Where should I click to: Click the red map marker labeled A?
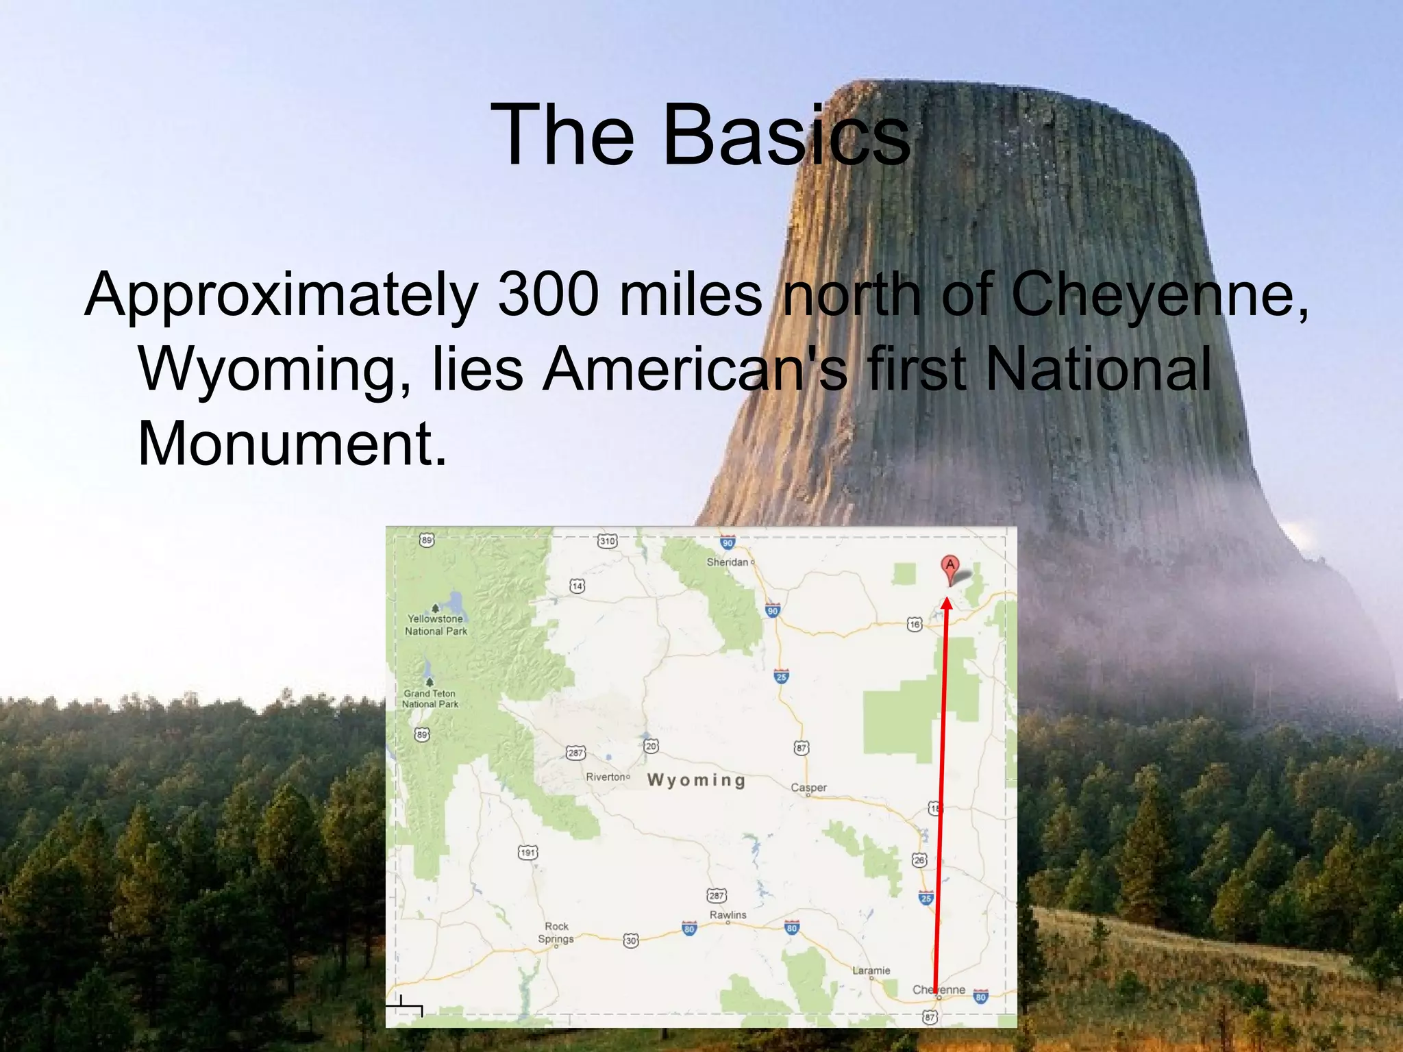pyautogui.click(x=949, y=568)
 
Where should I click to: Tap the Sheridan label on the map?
pyautogui.click(x=728, y=562)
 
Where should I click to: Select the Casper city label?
pyautogui.click(x=808, y=788)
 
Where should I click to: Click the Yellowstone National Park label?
pyautogui.click(x=436, y=625)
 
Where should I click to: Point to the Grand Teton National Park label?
pyautogui.click(x=430, y=699)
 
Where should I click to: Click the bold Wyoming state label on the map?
pyautogui.click(x=696, y=780)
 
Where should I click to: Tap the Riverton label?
pyautogui.click(x=606, y=777)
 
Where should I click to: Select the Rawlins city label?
pyautogui.click(x=728, y=915)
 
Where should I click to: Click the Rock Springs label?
pyautogui.click(x=556, y=932)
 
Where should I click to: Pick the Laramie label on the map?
pyautogui.click(x=871, y=970)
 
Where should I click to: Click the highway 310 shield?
pyautogui.click(x=607, y=541)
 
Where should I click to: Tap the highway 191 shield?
pyautogui.click(x=527, y=853)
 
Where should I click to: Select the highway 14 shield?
pyautogui.click(x=578, y=586)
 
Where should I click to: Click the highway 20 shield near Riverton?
pyautogui.click(x=651, y=746)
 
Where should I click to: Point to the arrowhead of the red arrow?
pyautogui.click(x=947, y=603)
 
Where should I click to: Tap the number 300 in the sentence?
pyautogui.click(x=548, y=295)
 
